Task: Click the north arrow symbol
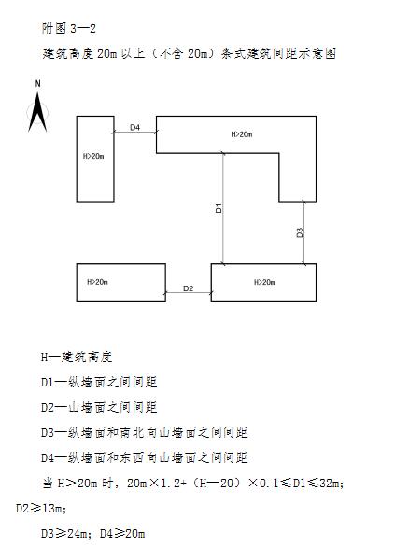coord(37,112)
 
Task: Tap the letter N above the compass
coord(37,84)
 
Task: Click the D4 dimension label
coord(135,127)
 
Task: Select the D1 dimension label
coord(219,208)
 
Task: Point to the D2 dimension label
coord(188,288)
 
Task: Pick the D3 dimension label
coord(300,232)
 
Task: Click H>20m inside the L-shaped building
coord(242,134)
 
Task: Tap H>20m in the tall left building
coord(93,156)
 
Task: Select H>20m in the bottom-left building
coord(97,282)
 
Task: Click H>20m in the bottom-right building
coord(264,282)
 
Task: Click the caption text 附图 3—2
coord(69,28)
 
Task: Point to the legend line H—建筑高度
coord(77,357)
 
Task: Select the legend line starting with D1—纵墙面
coord(99,382)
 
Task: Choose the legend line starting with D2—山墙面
coord(99,407)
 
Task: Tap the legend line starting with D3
coord(145,432)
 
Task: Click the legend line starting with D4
coord(145,457)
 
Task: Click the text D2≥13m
coord(41,509)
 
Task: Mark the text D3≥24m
coord(66,533)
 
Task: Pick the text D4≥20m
coord(122,533)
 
